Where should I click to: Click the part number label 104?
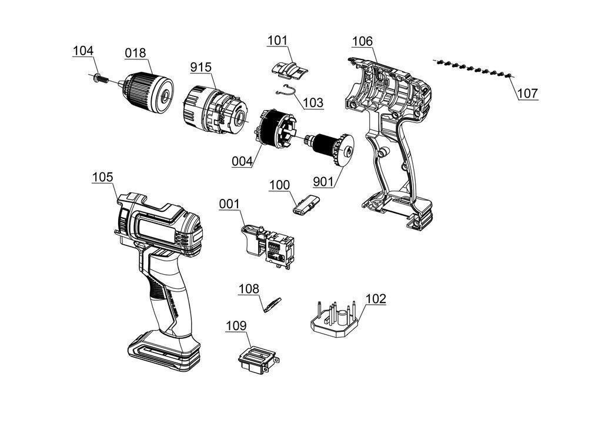pos(83,51)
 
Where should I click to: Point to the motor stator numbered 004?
pos(275,129)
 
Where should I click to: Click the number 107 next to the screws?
pos(527,93)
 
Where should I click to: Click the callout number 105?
pos(103,177)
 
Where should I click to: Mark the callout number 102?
pos(376,298)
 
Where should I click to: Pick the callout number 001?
pos(229,204)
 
